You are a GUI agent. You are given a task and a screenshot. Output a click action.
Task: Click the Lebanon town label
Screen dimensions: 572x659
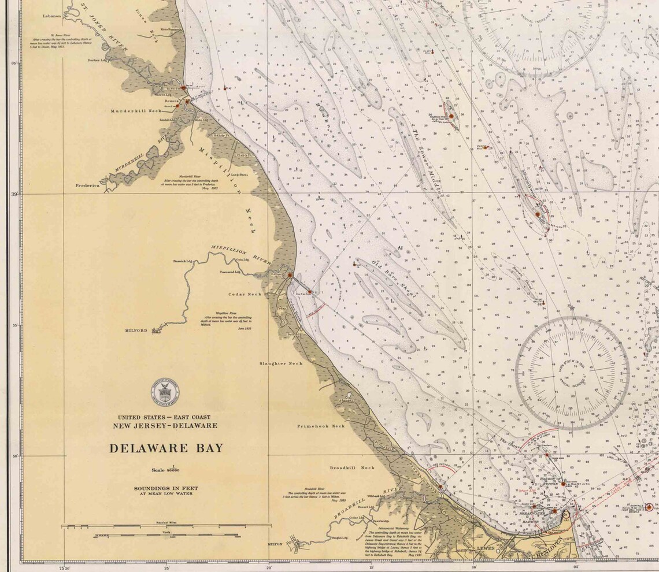(51, 16)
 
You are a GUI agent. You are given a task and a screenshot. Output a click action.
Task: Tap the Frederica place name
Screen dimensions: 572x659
(88, 186)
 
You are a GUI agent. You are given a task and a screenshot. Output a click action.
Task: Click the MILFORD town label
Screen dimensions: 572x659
(137, 331)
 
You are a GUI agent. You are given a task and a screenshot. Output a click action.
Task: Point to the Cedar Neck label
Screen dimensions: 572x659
(246, 294)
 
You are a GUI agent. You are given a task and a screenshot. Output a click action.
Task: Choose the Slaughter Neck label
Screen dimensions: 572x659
(281, 363)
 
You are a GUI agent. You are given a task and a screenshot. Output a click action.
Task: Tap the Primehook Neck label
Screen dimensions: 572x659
(321, 426)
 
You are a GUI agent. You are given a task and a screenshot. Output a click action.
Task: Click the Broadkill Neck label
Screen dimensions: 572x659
(352, 467)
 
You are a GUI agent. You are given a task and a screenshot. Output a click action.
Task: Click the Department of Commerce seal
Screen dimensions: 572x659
(165, 393)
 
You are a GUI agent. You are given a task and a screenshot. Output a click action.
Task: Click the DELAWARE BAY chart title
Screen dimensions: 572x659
(166, 448)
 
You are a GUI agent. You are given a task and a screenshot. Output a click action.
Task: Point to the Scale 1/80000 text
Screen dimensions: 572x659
(166, 470)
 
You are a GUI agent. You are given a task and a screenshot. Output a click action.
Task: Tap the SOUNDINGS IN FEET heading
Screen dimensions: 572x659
(166, 488)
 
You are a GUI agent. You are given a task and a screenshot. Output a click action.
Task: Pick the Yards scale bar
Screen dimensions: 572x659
(166, 535)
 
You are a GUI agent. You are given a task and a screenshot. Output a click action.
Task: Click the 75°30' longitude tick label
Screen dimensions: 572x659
(64, 567)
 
